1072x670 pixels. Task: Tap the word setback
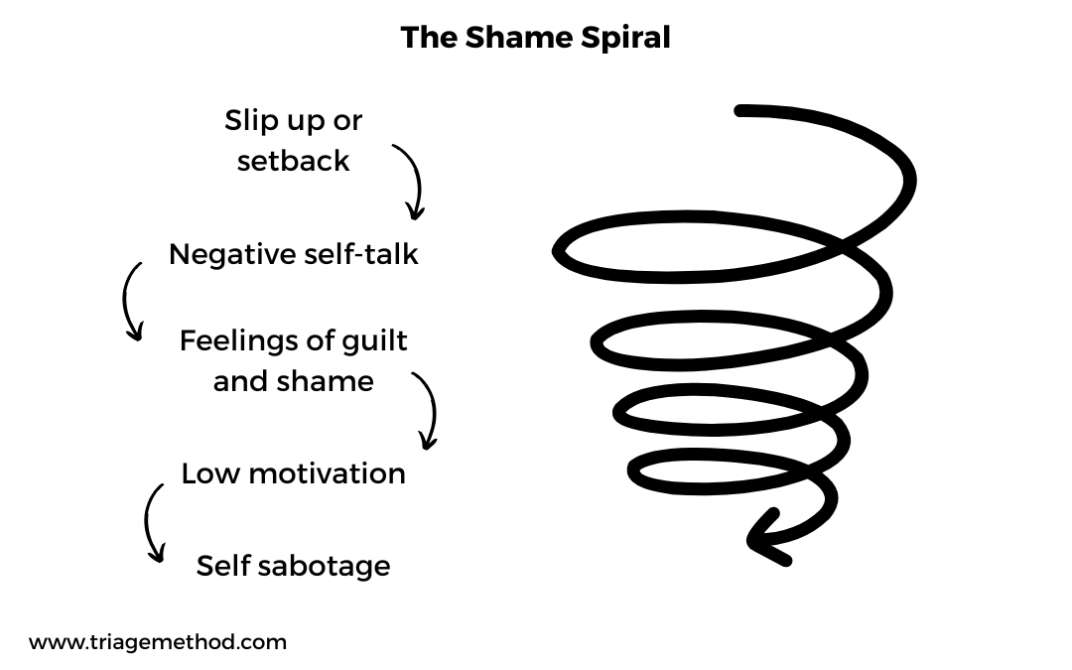pos(293,161)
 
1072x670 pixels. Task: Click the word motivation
pos(327,473)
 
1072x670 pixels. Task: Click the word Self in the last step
pos(222,566)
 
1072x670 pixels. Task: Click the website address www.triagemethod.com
pos(158,642)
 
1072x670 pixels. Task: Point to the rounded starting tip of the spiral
pos(739,111)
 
